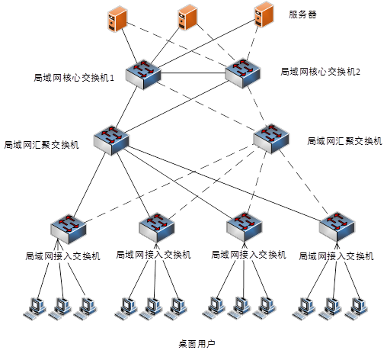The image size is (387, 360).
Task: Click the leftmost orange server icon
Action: pos(117,20)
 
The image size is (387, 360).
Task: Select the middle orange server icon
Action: pos(187,17)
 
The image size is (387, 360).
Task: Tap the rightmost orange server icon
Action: pos(264,14)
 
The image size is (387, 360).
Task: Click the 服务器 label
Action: pos(302,14)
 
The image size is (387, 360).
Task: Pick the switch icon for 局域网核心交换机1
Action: pos(143,75)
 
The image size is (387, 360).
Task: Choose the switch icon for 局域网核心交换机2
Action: pos(243,73)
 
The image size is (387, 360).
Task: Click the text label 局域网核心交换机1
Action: pos(74,78)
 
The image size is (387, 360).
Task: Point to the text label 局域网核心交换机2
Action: pos(320,72)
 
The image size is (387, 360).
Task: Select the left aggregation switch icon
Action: pos(111,140)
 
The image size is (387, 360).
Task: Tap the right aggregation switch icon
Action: pos(271,139)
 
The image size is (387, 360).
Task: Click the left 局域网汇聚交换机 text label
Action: pos(41,145)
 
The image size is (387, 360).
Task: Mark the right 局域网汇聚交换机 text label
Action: pos(344,141)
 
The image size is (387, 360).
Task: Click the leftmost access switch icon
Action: pos(69,229)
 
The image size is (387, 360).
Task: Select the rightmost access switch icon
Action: pos(337,227)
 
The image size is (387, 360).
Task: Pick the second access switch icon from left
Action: pos(157,227)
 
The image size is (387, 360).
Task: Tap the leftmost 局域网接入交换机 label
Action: pos(62,256)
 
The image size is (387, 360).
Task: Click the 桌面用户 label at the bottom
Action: pos(197,344)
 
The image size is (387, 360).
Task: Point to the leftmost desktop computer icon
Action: pos(35,308)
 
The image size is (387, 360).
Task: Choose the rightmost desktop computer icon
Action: pos(357,308)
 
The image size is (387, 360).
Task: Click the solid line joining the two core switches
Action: pos(193,73)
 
